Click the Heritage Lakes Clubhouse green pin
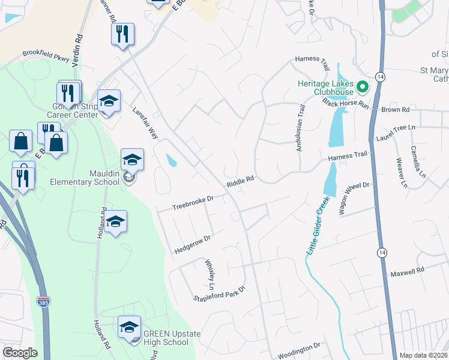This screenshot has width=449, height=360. tap(362, 87)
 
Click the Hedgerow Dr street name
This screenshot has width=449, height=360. tap(192, 243)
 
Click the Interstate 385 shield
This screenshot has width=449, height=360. tap(43, 301)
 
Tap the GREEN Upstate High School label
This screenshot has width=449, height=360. tap(171, 338)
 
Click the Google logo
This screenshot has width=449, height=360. tap(20, 353)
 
